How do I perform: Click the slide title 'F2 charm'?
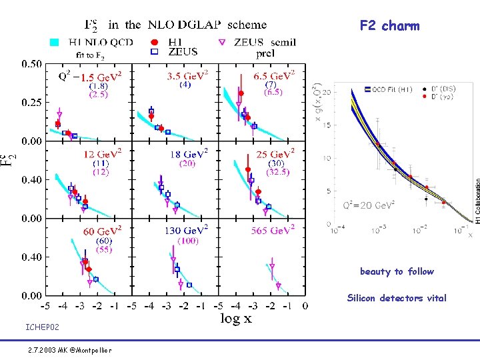click(x=389, y=26)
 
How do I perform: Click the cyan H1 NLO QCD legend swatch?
click(x=55, y=42)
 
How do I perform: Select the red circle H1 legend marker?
click(x=154, y=41)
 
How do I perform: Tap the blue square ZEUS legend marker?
click(x=154, y=51)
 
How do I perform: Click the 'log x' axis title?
click(x=237, y=319)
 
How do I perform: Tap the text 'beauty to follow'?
click(x=397, y=271)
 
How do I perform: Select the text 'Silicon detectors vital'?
click(x=397, y=298)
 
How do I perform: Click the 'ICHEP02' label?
click(x=42, y=327)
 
